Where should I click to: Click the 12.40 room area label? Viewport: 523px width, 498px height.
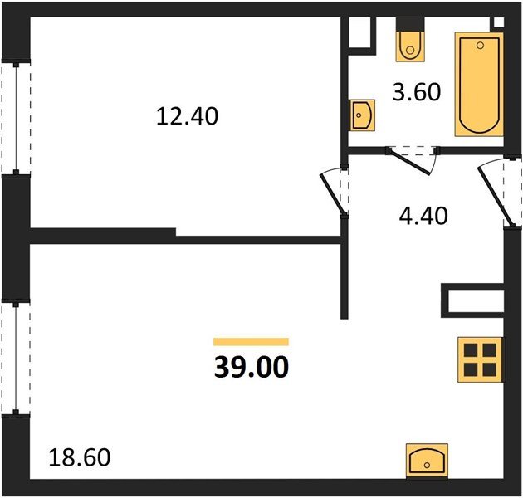187,115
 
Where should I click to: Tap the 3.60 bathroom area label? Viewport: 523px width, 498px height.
417,92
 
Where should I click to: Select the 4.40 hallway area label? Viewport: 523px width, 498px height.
423,216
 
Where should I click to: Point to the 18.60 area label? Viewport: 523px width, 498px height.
80,457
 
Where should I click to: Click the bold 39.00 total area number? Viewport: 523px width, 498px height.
252,367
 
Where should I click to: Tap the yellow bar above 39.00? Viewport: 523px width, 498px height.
251,342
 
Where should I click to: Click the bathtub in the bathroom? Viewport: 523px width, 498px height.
479,85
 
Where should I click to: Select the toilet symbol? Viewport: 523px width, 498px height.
410,46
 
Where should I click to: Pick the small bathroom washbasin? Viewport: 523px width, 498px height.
362,115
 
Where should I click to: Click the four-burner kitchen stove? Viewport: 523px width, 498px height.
481,359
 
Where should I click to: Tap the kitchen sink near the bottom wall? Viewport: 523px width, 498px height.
427,461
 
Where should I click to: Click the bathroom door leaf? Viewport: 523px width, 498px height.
410,163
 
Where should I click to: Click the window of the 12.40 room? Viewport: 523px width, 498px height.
16,117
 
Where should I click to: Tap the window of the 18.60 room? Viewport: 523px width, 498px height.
16,358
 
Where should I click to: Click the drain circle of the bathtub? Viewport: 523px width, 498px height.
481,46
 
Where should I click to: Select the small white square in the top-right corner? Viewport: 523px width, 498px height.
499,22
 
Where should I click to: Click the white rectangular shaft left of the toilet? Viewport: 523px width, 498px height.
359,32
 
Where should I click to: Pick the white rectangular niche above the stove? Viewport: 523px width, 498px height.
476,300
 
